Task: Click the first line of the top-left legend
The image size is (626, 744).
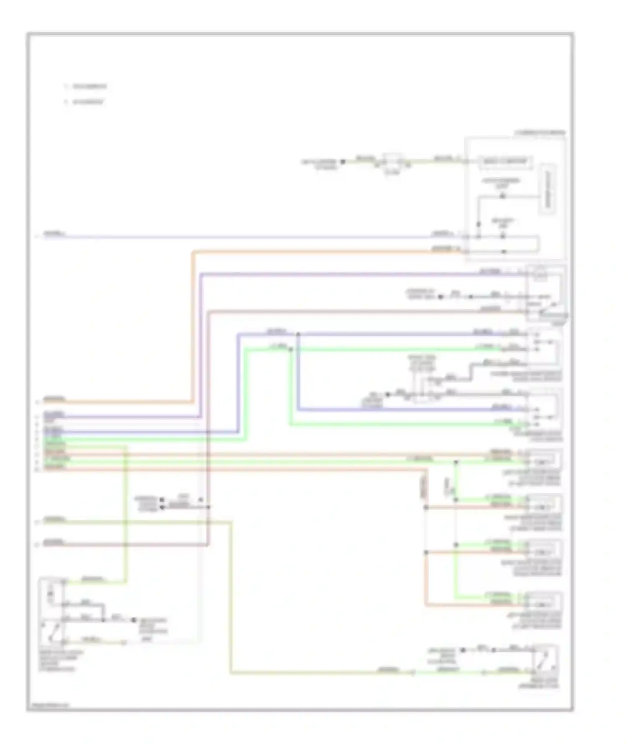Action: (86, 86)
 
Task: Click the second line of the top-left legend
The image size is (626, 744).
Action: (85, 102)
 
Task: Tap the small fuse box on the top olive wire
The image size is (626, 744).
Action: (391, 162)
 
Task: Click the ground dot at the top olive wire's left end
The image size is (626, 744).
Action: (343, 161)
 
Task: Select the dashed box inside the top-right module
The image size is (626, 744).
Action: (505, 162)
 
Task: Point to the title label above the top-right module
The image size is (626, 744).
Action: (540, 132)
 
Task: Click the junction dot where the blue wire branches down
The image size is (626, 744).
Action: (298, 334)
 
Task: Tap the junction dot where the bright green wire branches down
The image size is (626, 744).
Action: (291, 349)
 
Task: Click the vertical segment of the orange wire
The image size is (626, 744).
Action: (193, 326)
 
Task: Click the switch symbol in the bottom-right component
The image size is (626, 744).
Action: (545, 660)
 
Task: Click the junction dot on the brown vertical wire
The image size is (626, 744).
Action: (208, 507)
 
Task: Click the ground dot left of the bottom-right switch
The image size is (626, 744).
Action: (462, 650)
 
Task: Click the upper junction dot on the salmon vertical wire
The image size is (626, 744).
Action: (426, 507)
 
